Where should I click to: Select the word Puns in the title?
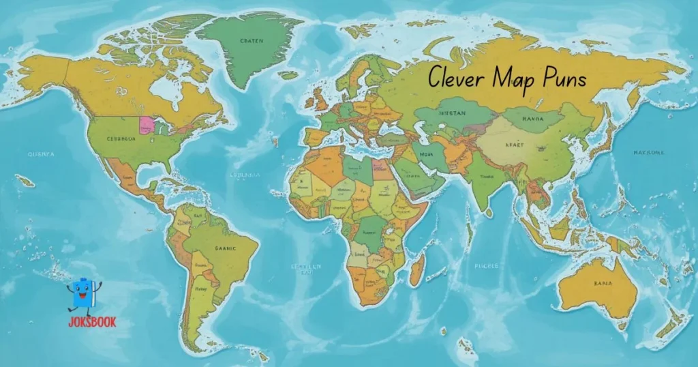pos(562,80)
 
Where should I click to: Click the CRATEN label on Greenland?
pos(252,41)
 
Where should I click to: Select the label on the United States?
pos(121,138)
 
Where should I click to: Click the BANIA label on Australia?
pos(603,282)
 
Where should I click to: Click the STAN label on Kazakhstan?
pos(453,113)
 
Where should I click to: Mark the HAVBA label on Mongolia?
pos(532,117)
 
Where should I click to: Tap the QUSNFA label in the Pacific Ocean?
pos(40,154)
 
